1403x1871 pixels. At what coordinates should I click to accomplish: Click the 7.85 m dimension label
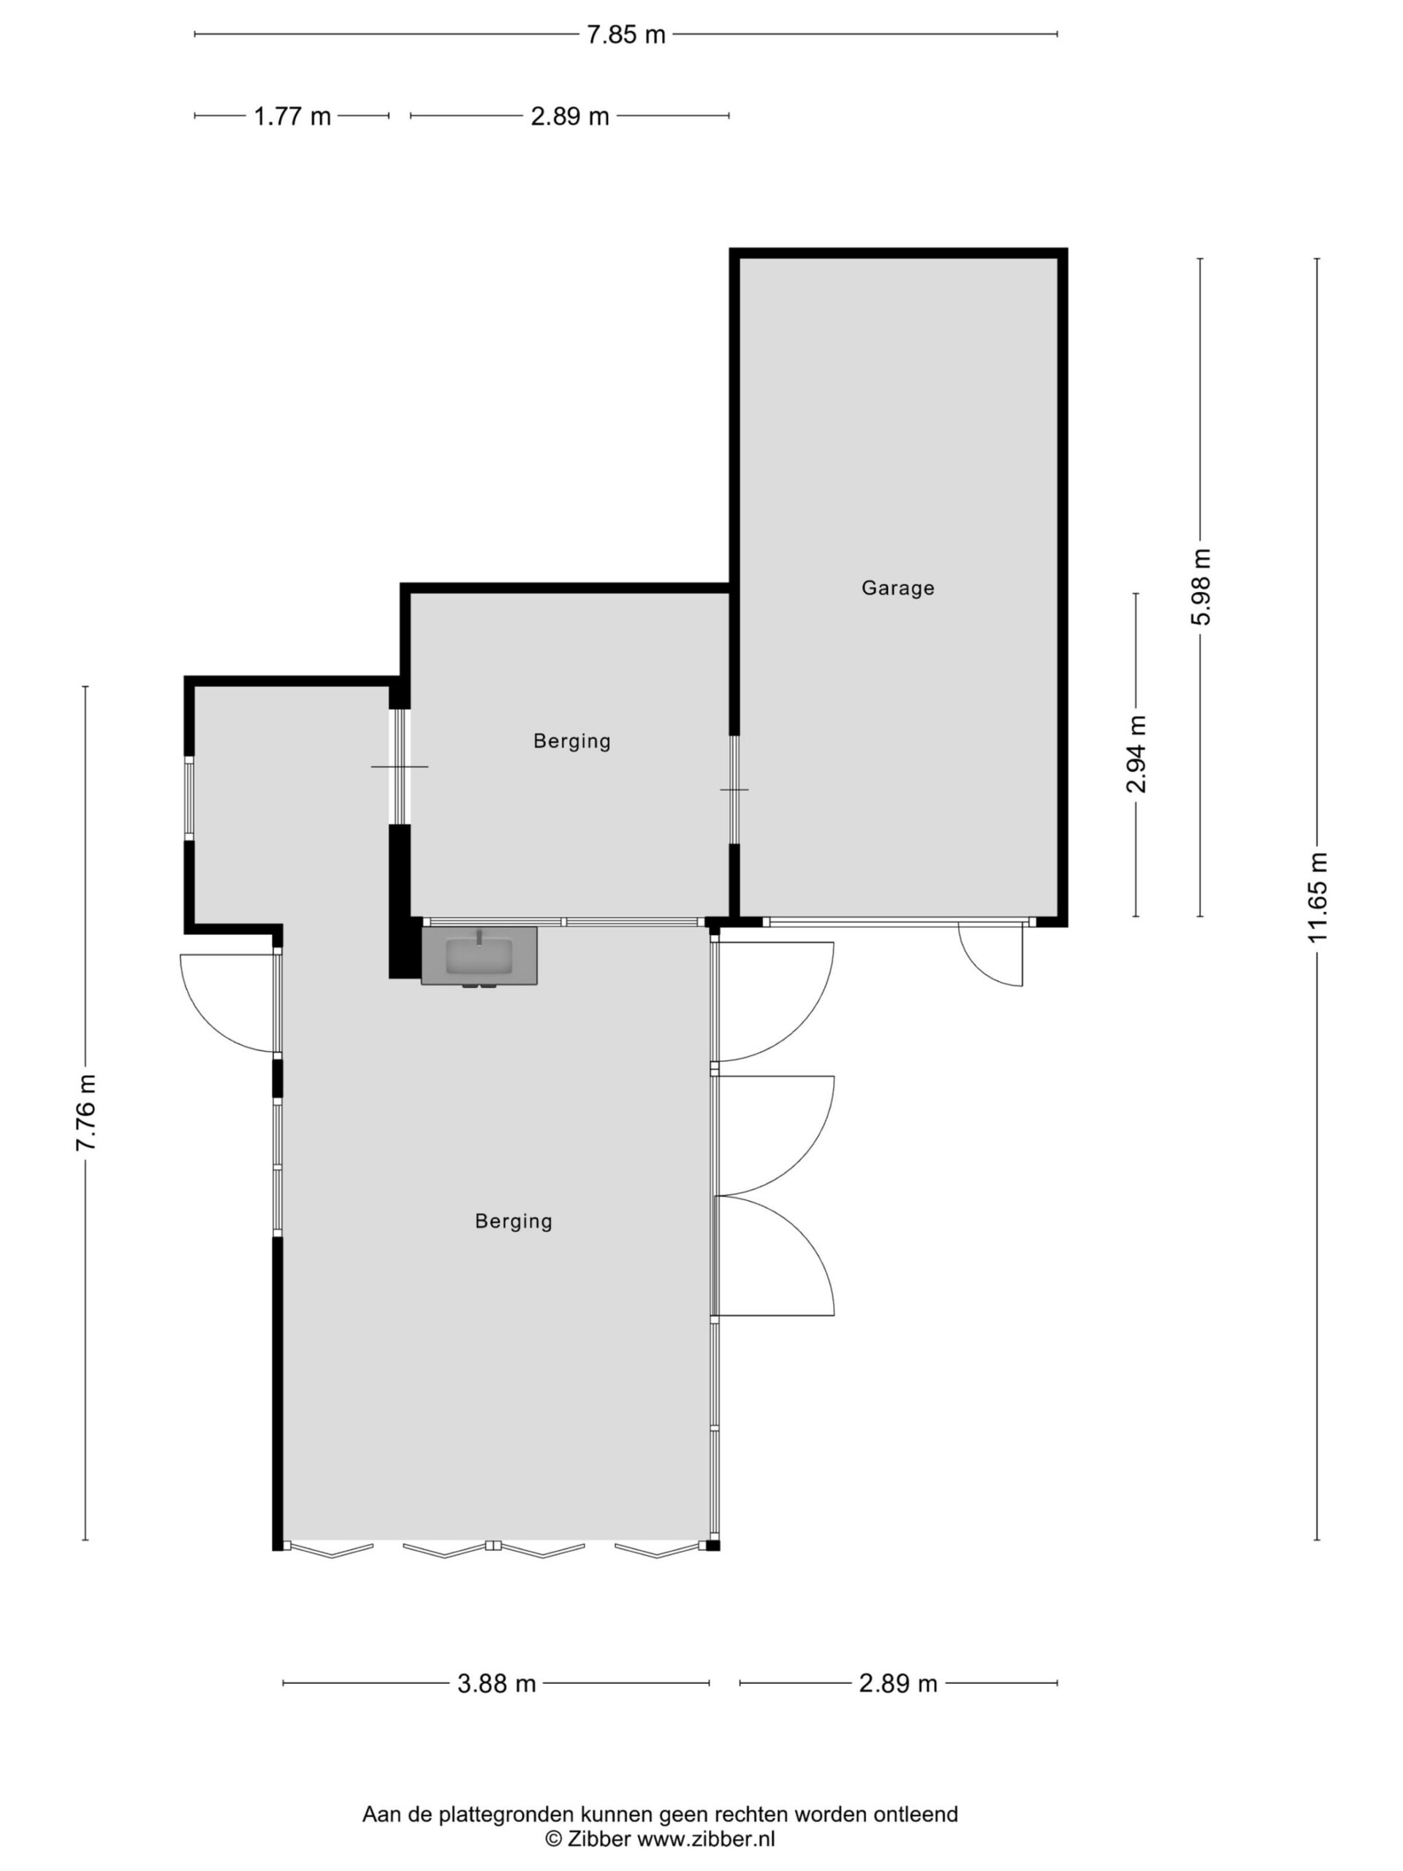pos(626,34)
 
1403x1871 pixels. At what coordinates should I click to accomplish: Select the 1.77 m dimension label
pos(292,116)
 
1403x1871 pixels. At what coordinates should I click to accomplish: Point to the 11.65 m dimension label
pos(1318,897)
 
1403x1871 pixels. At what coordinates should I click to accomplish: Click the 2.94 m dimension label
pos(1136,754)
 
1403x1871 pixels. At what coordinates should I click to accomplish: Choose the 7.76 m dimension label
pos(85,1112)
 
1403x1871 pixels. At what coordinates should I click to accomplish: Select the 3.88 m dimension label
pos(496,1683)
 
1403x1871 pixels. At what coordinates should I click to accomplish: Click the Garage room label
pos(897,588)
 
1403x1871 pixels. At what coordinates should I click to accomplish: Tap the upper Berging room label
pos(571,742)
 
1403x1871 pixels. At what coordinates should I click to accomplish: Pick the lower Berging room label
pos(513,1221)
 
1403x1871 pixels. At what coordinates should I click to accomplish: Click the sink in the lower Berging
pos(479,956)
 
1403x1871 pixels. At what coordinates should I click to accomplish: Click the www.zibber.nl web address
pos(705,1839)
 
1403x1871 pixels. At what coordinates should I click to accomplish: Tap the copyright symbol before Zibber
pos(554,1839)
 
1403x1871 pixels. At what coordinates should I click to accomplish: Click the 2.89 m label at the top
pos(570,116)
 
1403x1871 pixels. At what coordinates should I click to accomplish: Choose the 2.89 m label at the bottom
pos(898,1683)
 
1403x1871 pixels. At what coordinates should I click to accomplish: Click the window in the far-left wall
pos(189,797)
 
